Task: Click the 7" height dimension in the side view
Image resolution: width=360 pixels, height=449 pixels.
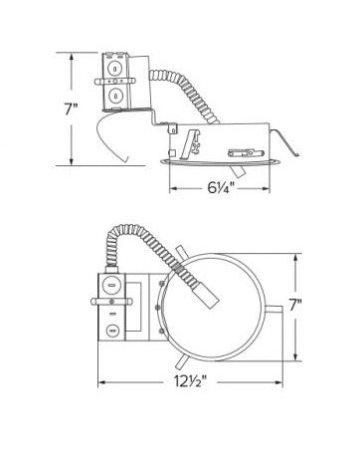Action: pos(71,110)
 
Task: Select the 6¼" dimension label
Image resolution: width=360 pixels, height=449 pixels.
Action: pos(221,188)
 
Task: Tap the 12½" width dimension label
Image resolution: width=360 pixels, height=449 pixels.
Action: pos(191,382)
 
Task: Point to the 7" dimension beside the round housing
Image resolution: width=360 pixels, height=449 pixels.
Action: pos(295,306)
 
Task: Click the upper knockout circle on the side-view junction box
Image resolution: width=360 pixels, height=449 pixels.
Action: pos(115,69)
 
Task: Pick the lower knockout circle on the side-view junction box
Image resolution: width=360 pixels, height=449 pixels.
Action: pos(115,97)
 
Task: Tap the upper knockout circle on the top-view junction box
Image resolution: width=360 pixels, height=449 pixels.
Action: pos(110,286)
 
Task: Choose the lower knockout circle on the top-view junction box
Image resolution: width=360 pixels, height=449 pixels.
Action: pos(112,331)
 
